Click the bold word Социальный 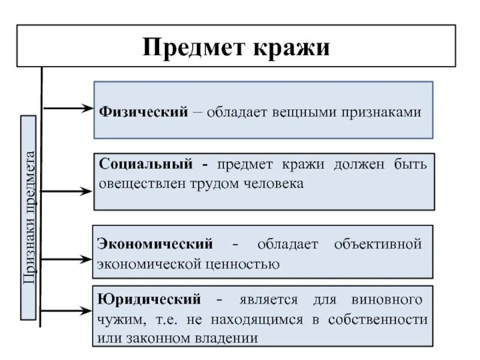click(x=145, y=164)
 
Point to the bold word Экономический click(x=154, y=244)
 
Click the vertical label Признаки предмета click(x=30, y=217)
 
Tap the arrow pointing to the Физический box click(x=67, y=109)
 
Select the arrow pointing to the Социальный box click(x=67, y=191)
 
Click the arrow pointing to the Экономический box click(x=67, y=260)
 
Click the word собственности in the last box click(x=378, y=319)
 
